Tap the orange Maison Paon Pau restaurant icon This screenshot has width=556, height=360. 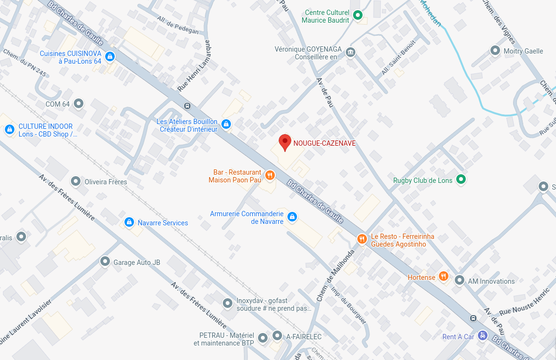pyautogui.click(x=270, y=176)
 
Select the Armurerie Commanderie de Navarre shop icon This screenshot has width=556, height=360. pyautogui.click(x=292, y=217)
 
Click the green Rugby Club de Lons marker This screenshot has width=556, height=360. pyautogui.click(x=461, y=180)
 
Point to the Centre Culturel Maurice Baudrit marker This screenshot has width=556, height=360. pyautogui.click(x=358, y=15)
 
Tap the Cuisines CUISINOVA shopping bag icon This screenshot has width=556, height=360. pyautogui.click(x=110, y=57)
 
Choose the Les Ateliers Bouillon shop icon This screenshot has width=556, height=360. pyautogui.click(x=226, y=125)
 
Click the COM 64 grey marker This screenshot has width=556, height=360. pyautogui.click(x=79, y=104)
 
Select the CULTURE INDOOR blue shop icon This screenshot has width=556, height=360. pyautogui.click(x=9, y=130)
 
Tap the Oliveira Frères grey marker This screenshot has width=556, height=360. pyautogui.click(x=76, y=181)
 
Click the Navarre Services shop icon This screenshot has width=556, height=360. pyautogui.click(x=129, y=222)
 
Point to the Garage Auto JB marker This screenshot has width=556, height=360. pyautogui.click(x=105, y=262)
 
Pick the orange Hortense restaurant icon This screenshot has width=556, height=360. pyautogui.click(x=444, y=277)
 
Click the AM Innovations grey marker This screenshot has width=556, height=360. pyautogui.click(x=460, y=280)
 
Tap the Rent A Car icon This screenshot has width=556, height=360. pyautogui.click(x=483, y=336)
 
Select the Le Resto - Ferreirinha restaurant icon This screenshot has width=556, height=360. pyautogui.click(x=362, y=239)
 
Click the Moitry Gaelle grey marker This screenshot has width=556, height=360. pyautogui.click(x=495, y=51)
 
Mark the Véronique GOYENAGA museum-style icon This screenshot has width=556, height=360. pyautogui.click(x=351, y=52)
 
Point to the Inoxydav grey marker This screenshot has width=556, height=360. pyautogui.click(x=228, y=304)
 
